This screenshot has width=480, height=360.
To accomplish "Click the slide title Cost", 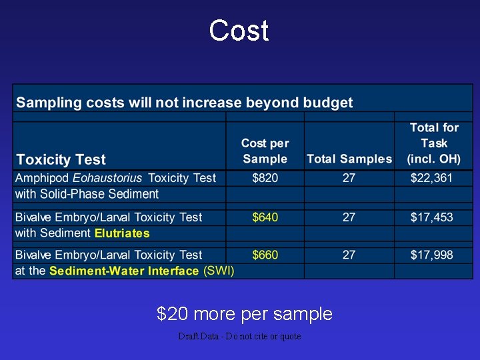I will click(x=239, y=31).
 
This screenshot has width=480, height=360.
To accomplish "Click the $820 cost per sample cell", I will click(x=265, y=178).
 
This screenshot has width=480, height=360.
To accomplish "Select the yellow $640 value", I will click(x=265, y=217).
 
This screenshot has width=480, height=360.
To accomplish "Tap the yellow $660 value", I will click(x=265, y=255).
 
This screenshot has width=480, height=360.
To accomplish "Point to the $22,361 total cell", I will click(x=432, y=178).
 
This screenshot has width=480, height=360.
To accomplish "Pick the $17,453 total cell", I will click(x=432, y=217).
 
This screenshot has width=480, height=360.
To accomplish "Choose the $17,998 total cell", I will click(x=432, y=255).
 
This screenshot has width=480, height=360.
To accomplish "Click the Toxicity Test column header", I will click(x=61, y=160).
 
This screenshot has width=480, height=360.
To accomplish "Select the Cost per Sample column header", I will click(x=265, y=151).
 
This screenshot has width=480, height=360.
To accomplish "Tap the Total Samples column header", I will click(x=349, y=159).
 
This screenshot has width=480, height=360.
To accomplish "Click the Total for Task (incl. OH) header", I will click(x=434, y=143).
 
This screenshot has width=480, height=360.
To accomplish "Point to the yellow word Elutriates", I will click(x=122, y=233).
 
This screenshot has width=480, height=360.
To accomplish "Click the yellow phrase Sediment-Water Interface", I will click(x=124, y=271).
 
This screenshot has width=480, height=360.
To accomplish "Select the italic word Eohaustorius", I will click(x=108, y=178).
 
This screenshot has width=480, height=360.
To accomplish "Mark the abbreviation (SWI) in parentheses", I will click(x=219, y=271).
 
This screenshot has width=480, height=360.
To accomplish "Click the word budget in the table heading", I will click(x=328, y=103).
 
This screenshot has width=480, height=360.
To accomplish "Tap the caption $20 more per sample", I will click(x=244, y=313).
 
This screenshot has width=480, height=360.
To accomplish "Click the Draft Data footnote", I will click(x=239, y=337).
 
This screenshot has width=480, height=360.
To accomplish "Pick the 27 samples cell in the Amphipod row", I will click(x=349, y=178).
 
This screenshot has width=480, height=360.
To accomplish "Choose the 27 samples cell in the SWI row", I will click(x=349, y=255).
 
